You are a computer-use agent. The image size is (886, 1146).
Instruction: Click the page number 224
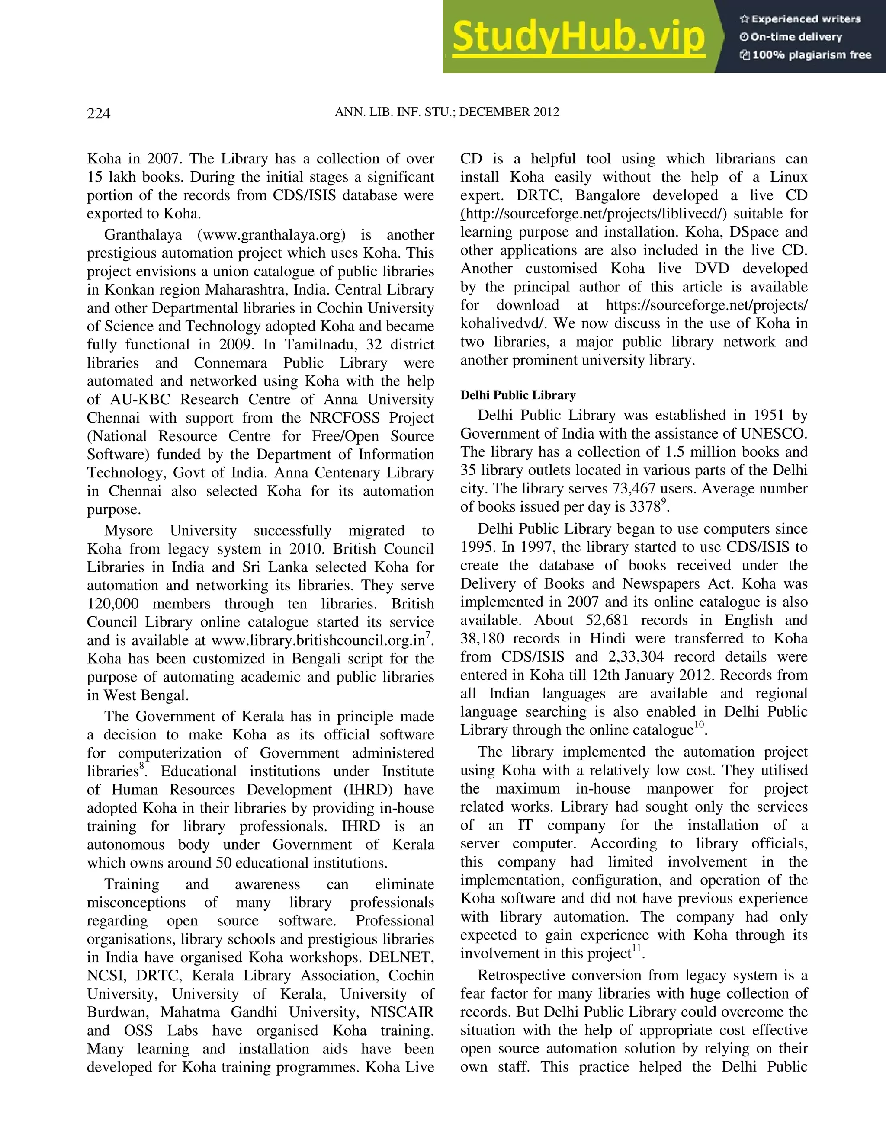coord(99,113)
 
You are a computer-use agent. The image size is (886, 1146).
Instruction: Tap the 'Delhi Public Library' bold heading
coord(517,395)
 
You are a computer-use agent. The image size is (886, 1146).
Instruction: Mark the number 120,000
coord(113,604)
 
